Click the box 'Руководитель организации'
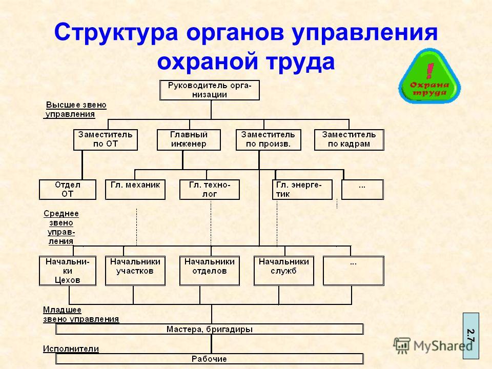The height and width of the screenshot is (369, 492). coord(210,90)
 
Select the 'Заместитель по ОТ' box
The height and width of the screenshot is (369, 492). coord(106,139)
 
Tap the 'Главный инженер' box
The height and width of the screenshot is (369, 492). coord(189,139)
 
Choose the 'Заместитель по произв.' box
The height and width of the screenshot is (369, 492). coord(268,139)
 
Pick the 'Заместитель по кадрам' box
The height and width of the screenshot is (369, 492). coord(349,139)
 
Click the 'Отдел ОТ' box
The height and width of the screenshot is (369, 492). coord(68,190)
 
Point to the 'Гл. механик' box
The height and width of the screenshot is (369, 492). coord(135,190)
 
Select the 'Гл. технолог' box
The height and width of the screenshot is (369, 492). coord(210,190)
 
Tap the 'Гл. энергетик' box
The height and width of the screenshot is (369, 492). coord(302,190)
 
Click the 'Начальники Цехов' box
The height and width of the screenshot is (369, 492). coord(68,271)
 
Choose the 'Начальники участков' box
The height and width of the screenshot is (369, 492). coord(135,271)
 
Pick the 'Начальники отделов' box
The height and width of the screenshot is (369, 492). coord(210,271)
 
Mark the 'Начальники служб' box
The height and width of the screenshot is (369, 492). coord(283,271)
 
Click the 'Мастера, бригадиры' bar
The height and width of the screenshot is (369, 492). coord(210,329)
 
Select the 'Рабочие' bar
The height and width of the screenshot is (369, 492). coord(210,359)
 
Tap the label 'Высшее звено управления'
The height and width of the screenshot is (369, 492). coord(75,110)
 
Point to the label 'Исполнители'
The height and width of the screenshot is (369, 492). coord(71,348)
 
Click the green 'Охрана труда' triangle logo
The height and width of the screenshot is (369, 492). coord(429,76)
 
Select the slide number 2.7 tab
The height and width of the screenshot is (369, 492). coord(471,336)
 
